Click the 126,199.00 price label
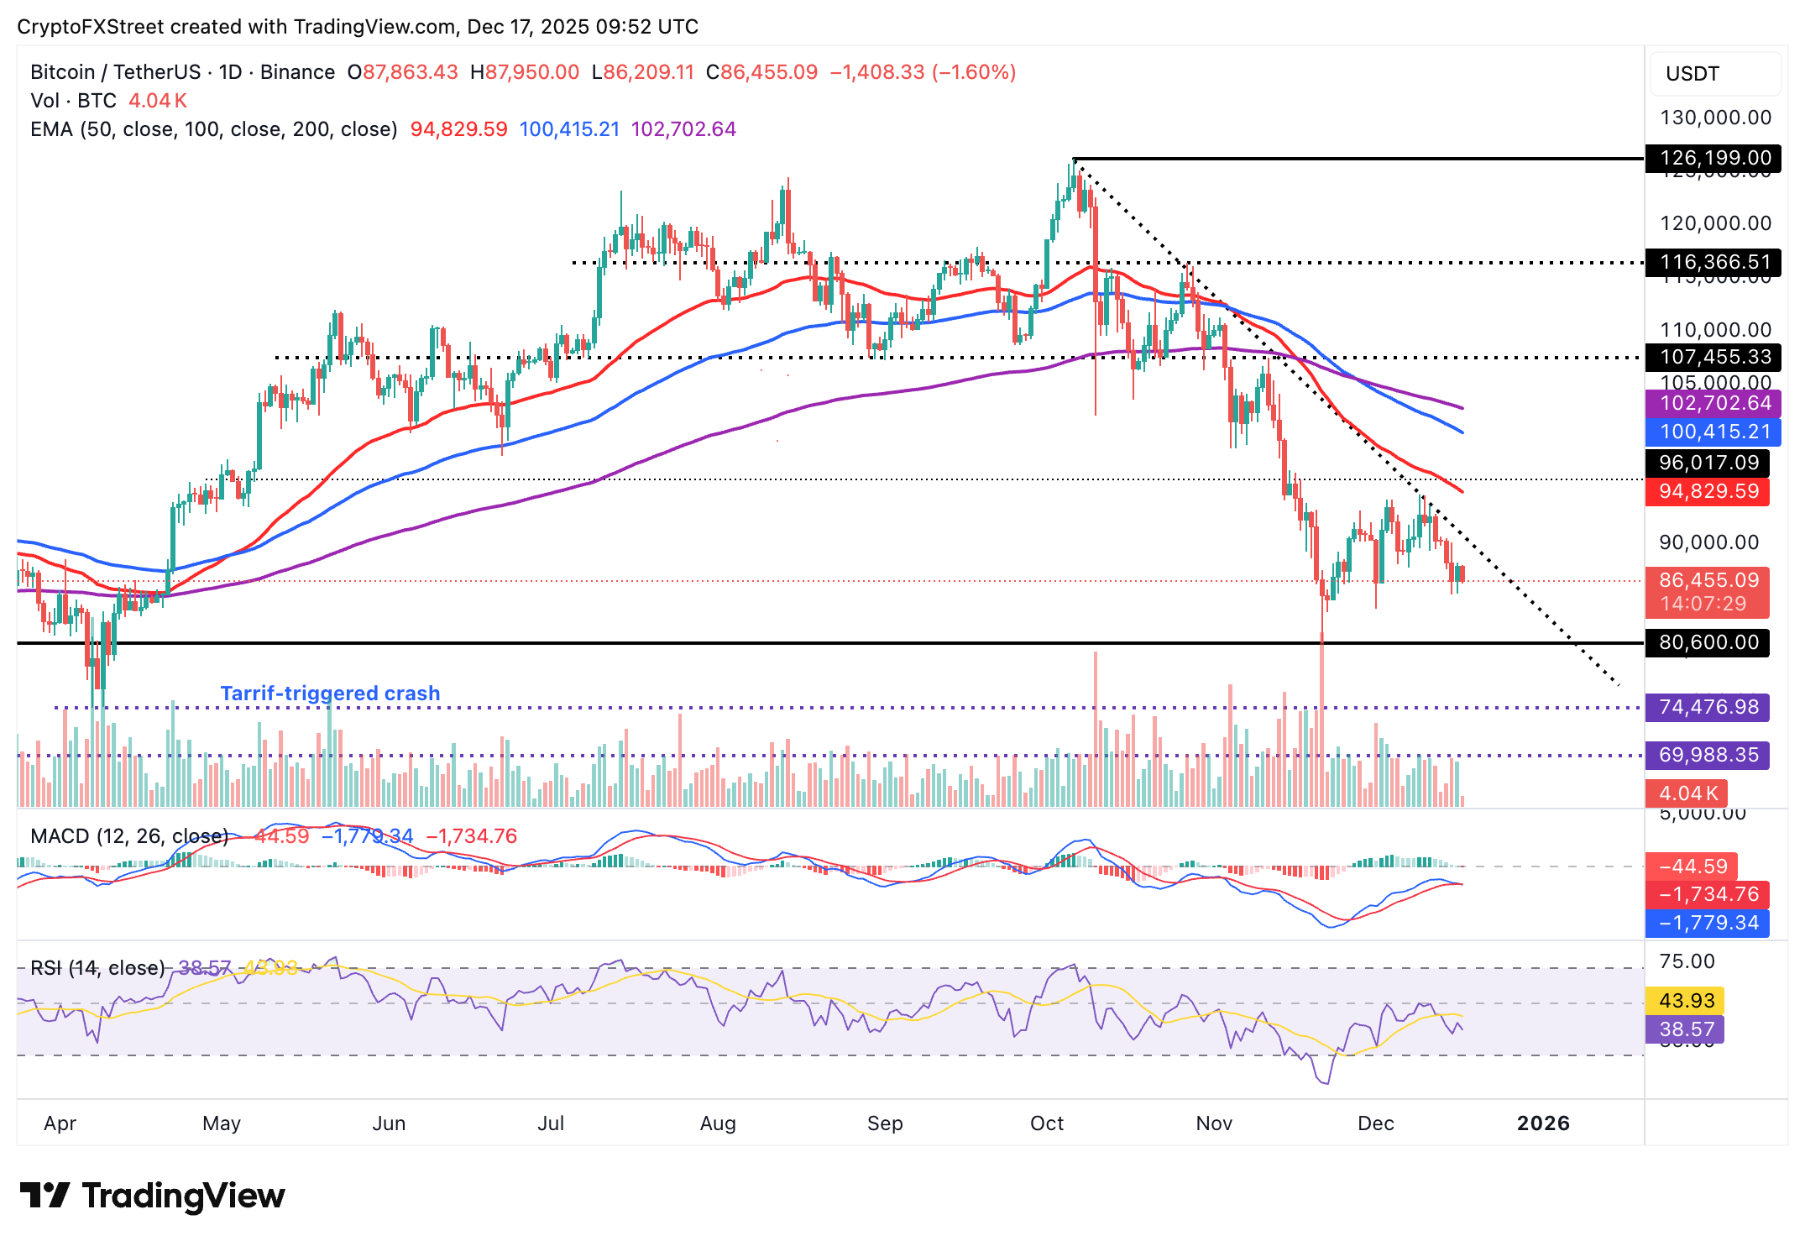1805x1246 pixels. (1708, 158)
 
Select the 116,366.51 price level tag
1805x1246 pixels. (1708, 262)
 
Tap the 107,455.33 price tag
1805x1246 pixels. (1708, 357)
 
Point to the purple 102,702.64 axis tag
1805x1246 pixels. (1708, 403)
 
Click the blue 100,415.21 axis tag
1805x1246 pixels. (1708, 432)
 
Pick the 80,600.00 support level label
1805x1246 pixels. (1708, 642)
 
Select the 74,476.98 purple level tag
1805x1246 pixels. (1708, 707)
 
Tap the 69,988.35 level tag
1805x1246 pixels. (1708, 755)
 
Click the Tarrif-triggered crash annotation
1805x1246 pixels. (330, 694)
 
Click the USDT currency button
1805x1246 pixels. (1713, 74)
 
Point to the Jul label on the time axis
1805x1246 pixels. (551, 1123)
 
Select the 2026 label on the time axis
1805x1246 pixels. (1543, 1123)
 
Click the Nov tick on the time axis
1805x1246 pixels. (1214, 1123)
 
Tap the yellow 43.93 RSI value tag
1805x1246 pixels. (1686, 1001)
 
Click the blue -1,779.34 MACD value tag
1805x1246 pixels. (1708, 923)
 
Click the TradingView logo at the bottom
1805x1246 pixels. (153, 1196)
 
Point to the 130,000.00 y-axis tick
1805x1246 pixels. (1715, 118)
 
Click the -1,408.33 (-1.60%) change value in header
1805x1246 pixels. (923, 72)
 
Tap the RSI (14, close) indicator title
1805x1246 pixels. (97, 968)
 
